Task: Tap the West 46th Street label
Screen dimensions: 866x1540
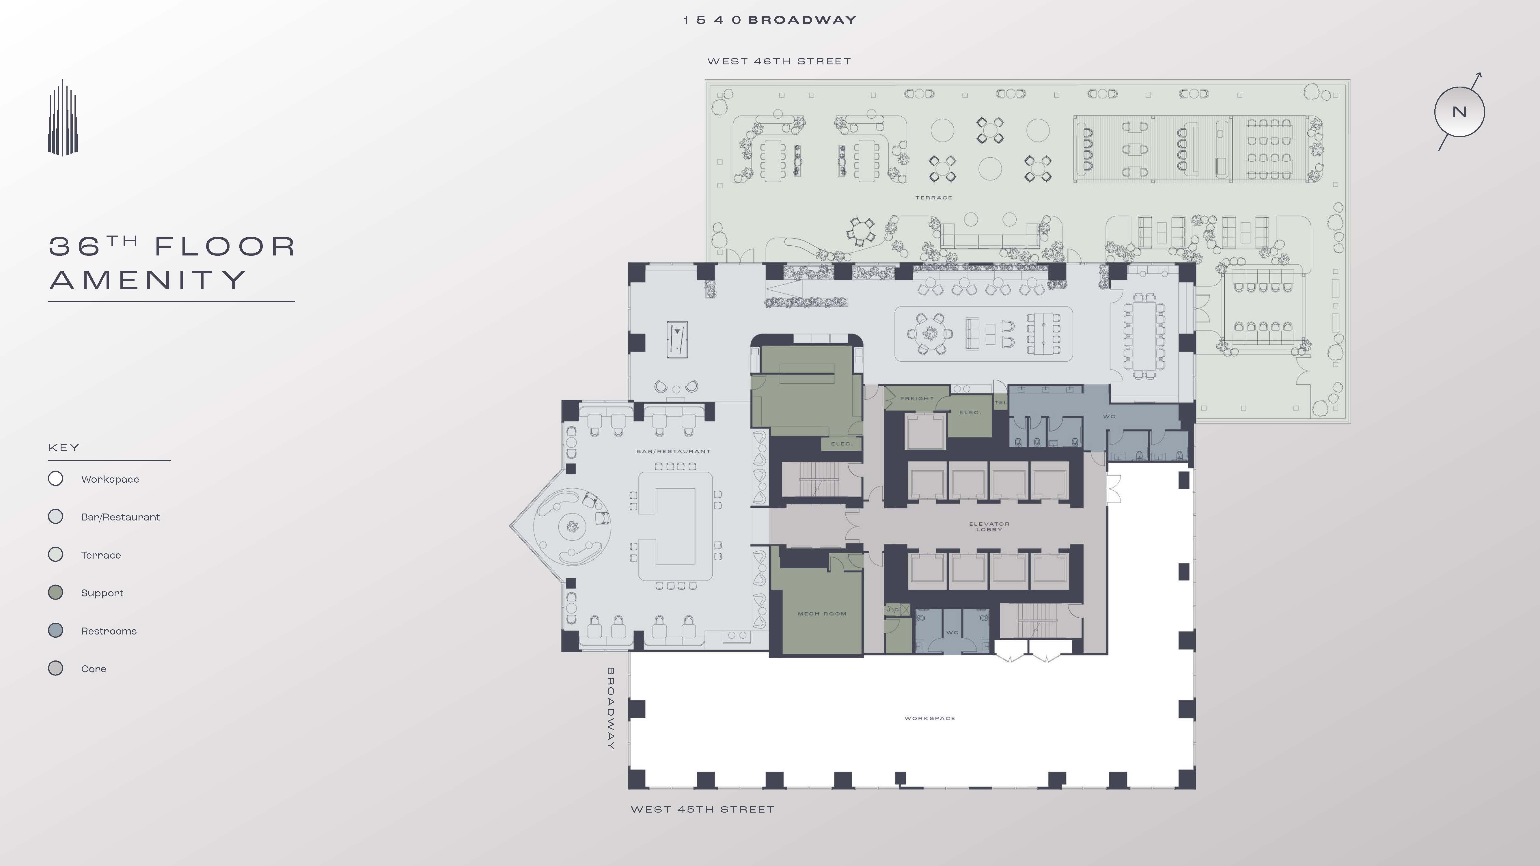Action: pyautogui.click(x=778, y=61)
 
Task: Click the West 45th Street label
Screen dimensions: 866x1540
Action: pyautogui.click(x=702, y=809)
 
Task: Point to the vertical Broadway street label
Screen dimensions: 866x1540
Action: pyautogui.click(x=610, y=708)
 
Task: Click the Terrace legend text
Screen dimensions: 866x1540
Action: pyautogui.click(x=101, y=555)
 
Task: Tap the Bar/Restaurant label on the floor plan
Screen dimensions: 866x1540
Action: pyautogui.click(x=673, y=451)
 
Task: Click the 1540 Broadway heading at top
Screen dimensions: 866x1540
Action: pyautogui.click(x=770, y=20)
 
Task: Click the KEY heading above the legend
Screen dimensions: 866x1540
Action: pyautogui.click(x=63, y=448)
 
